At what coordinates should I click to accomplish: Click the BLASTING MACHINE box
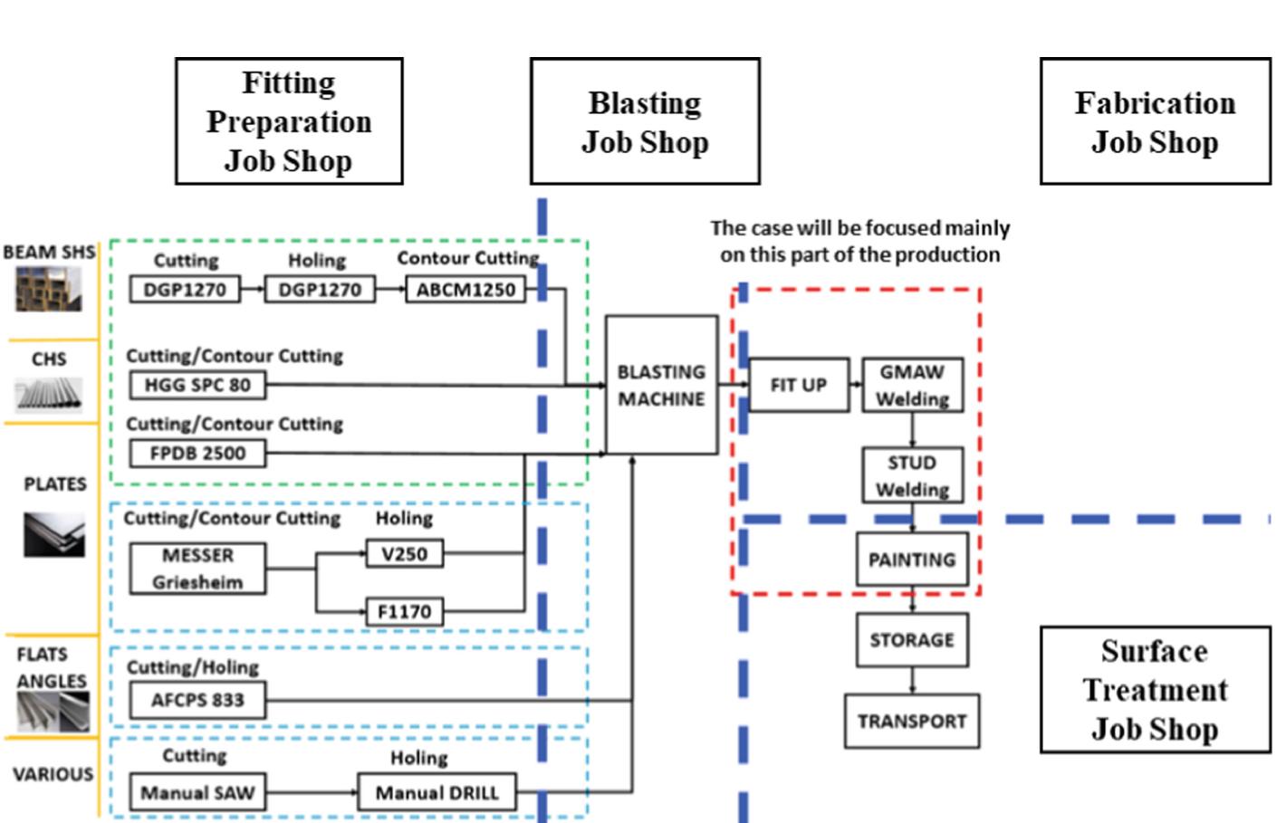(x=661, y=385)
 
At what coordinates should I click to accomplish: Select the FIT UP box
(x=798, y=385)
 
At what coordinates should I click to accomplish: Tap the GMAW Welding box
(x=912, y=385)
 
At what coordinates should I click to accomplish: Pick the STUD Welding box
(x=912, y=475)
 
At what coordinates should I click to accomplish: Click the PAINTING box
(x=912, y=560)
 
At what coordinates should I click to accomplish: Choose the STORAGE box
(x=912, y=640)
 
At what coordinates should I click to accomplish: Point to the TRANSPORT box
(x=912, y=722)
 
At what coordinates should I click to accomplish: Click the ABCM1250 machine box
(x=465, y=290)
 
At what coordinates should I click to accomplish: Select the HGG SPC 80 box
(x=197, y=385)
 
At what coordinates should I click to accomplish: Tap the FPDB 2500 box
(x=197, y=453)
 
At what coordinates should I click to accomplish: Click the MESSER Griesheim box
(x=197, y=569)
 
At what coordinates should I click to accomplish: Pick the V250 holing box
(x=404, y=553)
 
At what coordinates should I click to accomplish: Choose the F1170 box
(x=404, y=611)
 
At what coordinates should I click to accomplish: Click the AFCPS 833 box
(x=197, y=700)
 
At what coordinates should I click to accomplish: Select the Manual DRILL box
(x=437, y=793)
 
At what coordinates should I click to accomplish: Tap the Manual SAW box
(x=197, y=793)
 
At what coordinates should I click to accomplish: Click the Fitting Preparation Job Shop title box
(x=288, y=121)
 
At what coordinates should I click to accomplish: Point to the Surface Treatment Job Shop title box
(x=1155, y=690)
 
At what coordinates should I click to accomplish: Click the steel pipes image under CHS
(x=49, y=395)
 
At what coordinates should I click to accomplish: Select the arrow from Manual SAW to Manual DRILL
(x=312, y=793)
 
